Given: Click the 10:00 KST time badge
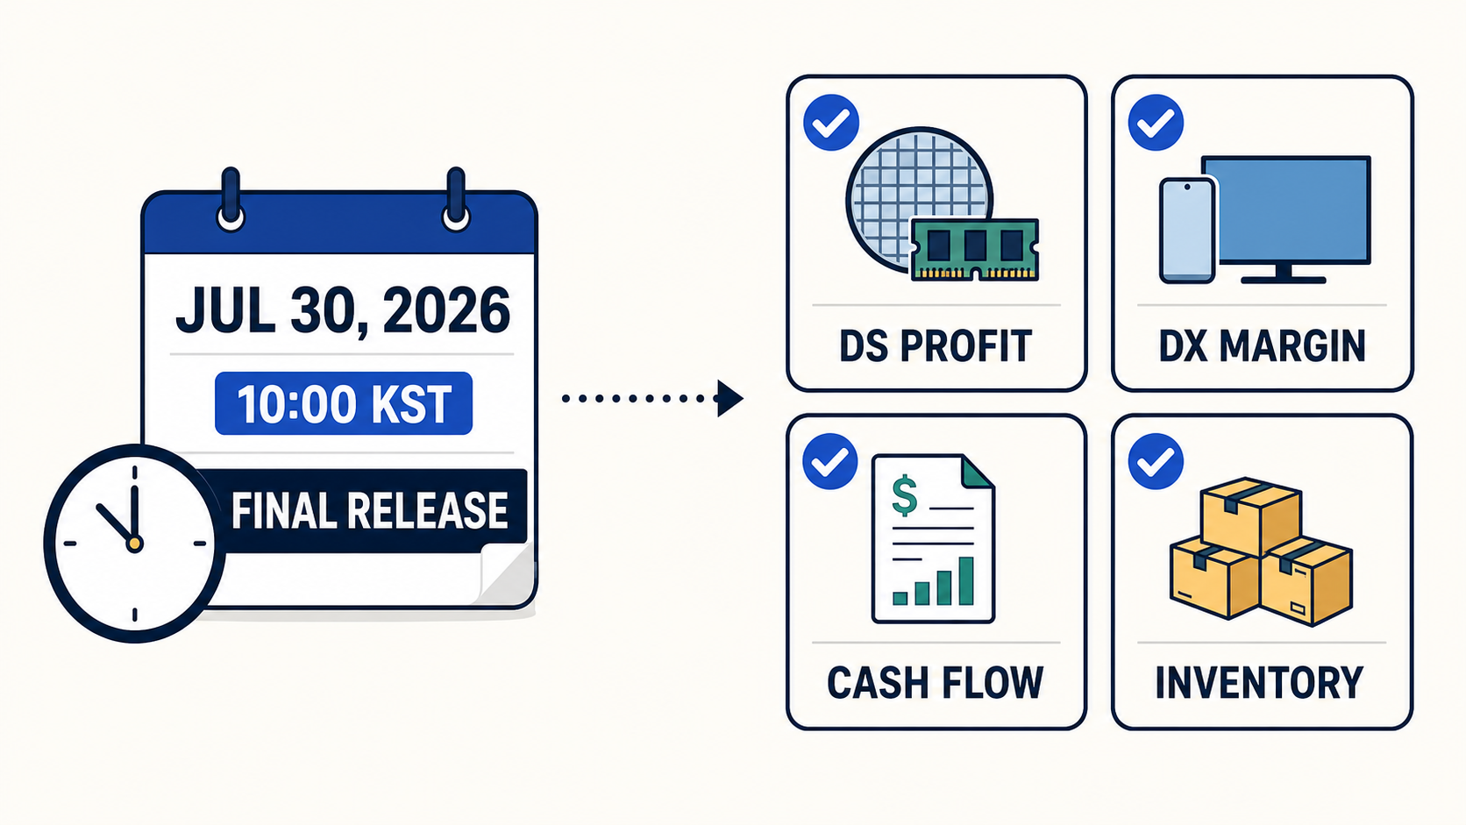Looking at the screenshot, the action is click(x=344, y=403).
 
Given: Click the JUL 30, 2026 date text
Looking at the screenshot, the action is click(x=342, y=310).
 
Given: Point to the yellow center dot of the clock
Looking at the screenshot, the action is click(x=134, y=544).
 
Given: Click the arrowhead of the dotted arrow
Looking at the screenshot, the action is click(x=730, y=398).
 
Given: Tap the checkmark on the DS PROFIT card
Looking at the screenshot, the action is click(x=831, y=123).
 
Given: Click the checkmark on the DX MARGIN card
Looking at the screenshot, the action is click(x=1156, y=123).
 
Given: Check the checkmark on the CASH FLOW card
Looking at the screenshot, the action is click(x=830, y=461).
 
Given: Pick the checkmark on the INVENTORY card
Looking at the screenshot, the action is click(x=1156, y=461).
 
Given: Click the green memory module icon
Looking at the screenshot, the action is click(x=975, y=250).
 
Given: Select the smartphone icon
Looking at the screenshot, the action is click(x=1187, y=231).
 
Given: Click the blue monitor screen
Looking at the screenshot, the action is click(x=1286, y=210).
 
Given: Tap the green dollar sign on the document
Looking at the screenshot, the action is click(x=905, y=496).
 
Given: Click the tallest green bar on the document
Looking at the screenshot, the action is click(x=966, y=581).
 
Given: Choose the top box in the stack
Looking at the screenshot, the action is click(x=1250, y=516).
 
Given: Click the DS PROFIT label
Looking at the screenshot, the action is click(x=936, y=346).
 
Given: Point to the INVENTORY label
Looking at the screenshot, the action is click(x=1260, y=683).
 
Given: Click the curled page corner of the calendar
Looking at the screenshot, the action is click(x=507, y=574).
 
